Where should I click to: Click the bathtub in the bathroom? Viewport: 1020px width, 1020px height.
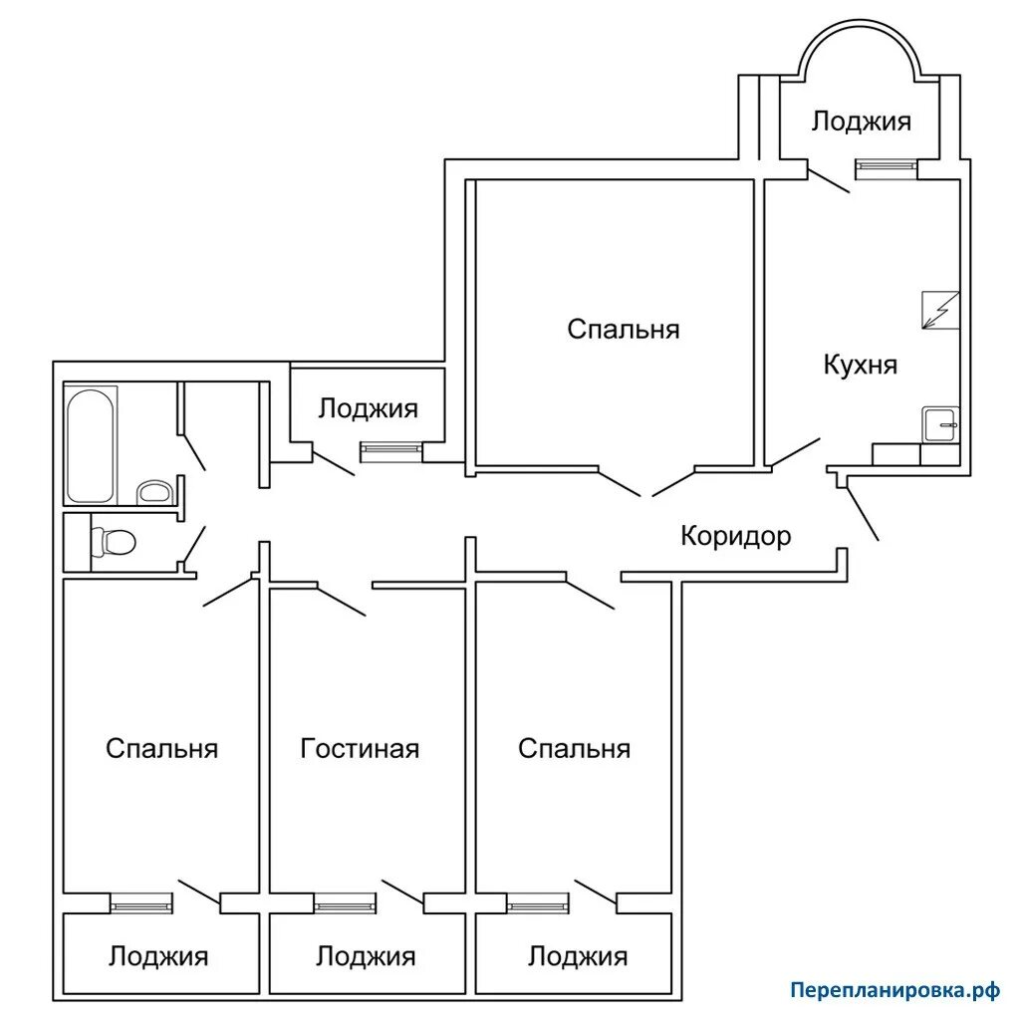pyautogui.click(x=91, y=445)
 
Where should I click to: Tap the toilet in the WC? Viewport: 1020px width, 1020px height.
pyautogui.click(x=114, y=541)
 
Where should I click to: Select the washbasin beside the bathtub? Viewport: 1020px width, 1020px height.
pyautogui.click(x=154, y=492)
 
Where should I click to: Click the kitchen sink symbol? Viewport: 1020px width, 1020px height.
pyautogui.click(x=940, y=425)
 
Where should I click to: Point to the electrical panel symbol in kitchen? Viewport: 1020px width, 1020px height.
pyautogui.click(x=940, y=310)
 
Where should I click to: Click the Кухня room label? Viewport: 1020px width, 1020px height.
pyautogui.click(x=860, y=365)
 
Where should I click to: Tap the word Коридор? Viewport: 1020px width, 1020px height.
pyautogui.click(x=736, y=536)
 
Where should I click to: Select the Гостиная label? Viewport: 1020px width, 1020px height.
pyautogui.click(x=359, y=749)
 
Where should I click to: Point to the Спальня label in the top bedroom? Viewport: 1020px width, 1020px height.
pyautogui.click(x=624, y=329)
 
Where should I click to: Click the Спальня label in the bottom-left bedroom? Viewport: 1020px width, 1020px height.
pyautogui.click(x=161, y=749)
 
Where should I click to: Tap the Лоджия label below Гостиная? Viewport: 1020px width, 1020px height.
pyautogui.click(x=366, y=957)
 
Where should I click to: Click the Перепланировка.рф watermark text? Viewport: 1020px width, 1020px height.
pyautogui.click(x=895, y=991)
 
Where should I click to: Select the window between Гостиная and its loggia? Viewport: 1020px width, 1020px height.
pyautogui.click(x=345, y=902)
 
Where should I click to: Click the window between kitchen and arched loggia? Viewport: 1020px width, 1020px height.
pyautogui.click(x=886, y=169)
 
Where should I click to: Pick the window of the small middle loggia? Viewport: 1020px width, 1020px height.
pyautogui.click(x=390, y=451)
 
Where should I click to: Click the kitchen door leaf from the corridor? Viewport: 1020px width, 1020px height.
pyautogui.click(x=796, y=452)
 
